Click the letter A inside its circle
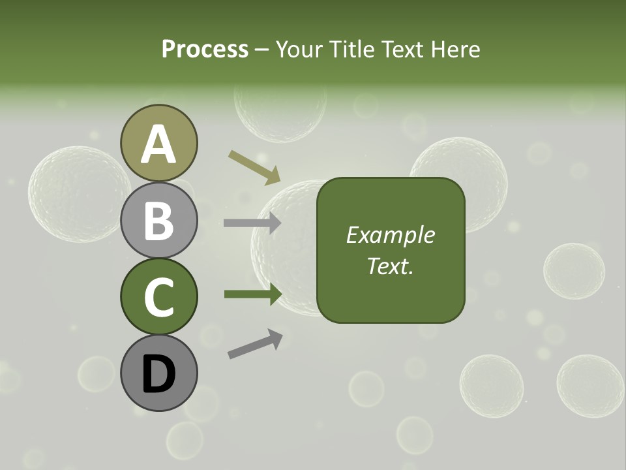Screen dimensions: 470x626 click(159, 145)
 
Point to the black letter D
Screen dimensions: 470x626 click(159, 375)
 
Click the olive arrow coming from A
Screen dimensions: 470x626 click(254, 166)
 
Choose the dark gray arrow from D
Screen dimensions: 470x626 click(255, 344)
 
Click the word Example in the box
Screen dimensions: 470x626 click(391, 235)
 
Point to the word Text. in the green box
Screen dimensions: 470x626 click(390, 266)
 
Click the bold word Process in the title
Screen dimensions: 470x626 click(205, 49)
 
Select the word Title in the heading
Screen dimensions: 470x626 click(354, 49)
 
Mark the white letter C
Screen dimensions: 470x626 click(159, 297)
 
